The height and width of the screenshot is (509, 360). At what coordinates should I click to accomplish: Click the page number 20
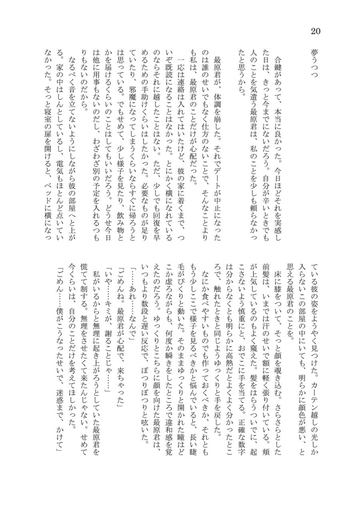[315, 31]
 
